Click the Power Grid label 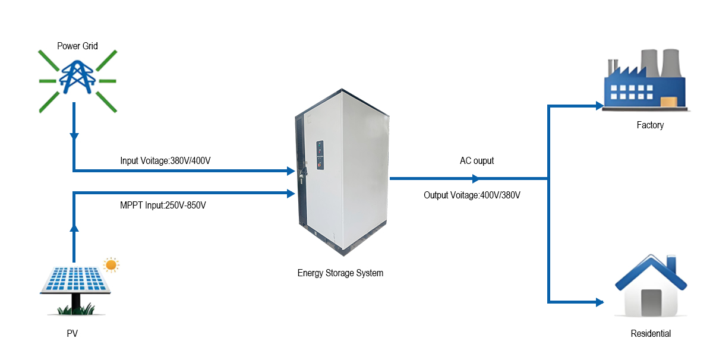(77, 46)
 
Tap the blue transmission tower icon (78, 75)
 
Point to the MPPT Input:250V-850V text (163, 206)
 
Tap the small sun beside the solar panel (111, 264)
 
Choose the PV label (72, 334)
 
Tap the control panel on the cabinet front (320, 156)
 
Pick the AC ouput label (477, 160)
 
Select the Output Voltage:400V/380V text (472, 195)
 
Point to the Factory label (650, 125)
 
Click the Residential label (651, 334)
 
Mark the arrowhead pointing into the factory (599, 106)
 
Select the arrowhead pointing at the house (599, 302)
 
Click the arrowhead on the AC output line (475, 178)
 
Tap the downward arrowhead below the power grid (74, 137)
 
